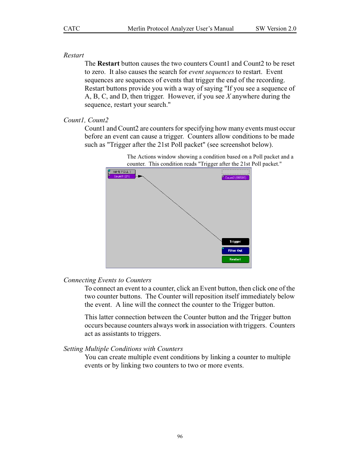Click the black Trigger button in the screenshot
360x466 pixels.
[x=235, y=241]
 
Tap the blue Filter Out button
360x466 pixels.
[x=235, y=251]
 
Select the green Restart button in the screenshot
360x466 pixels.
[x=235, y=259]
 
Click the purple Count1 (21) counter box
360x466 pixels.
[x=122, y=176]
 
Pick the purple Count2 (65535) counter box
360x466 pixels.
[x=235, y=178]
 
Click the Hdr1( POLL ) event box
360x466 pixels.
[x=122, y=172]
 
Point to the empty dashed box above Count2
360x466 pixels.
[x=235, y=172]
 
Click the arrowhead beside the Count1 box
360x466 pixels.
[x=140, y=176]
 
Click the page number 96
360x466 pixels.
[x=180, y=436]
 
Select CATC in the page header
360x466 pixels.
[x=72, y=29]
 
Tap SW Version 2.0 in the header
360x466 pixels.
[x=276, y=29]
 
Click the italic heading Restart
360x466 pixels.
[x=74, y=55]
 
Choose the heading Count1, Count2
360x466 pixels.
[x=86, y=120]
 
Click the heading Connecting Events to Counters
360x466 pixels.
[x=107, y=280]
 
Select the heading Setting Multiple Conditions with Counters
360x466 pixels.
[x=123, y=349]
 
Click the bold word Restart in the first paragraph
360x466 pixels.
[x=108, y=63]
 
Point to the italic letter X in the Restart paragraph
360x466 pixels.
[x=228, y=96]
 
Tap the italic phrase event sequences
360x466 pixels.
[x=211, y=72]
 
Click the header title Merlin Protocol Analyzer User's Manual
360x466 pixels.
[x=180, y=29]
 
